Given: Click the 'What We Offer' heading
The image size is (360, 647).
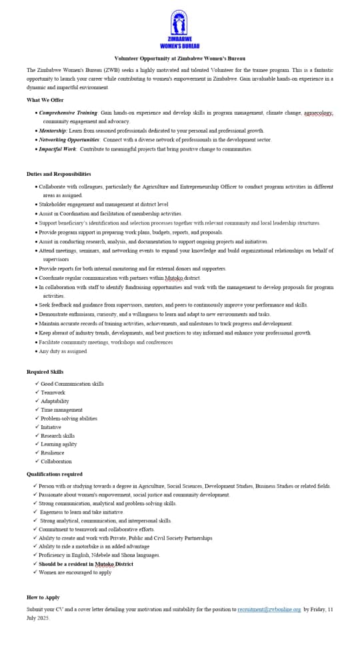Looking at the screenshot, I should [45, 100].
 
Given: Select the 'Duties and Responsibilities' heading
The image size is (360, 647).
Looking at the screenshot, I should [59, 174].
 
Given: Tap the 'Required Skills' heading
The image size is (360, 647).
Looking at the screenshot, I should [45, 372].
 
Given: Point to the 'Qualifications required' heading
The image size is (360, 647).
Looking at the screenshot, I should [55, 474].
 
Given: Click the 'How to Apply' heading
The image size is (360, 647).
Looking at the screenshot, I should [43, 597].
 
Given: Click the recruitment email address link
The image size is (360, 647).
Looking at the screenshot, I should [269, 609].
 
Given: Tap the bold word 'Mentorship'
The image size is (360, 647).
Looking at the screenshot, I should [53, 131].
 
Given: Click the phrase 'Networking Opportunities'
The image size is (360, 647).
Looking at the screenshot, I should [69, 140].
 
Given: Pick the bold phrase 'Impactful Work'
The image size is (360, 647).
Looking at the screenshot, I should [57, 149].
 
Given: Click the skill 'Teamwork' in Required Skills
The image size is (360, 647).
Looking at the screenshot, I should [53, 392].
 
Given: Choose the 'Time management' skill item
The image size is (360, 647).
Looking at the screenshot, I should [62, 410].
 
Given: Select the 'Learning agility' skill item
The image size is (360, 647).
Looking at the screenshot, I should [59, 444].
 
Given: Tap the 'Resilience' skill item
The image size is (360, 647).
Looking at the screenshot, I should [53, 453].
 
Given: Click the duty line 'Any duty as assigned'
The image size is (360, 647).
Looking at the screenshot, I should [63, 351].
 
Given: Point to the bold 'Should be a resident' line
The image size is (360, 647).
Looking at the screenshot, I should [85, 564].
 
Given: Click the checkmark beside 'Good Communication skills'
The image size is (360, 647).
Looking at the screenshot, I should [37, 384].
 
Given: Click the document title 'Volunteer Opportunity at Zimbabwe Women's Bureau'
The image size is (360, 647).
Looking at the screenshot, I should [180, 59].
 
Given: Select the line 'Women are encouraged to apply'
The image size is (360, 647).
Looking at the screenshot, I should [75, 572].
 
